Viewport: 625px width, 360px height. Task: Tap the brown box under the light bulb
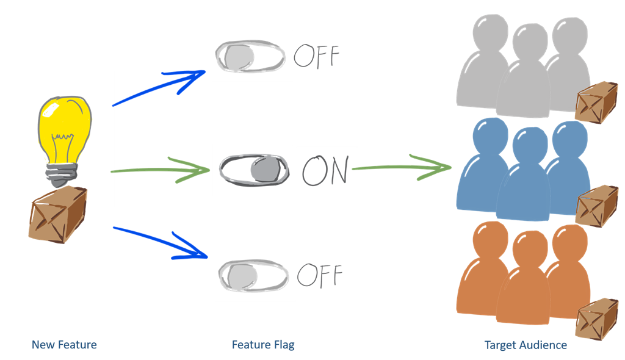click(x=57, y=213)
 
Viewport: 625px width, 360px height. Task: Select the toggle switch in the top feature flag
click(x=250, y=57)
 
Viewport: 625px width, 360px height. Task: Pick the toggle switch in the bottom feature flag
click(x=252, y=276)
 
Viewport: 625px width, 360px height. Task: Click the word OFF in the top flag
click(x=316, y=56)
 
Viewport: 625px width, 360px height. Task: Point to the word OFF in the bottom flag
click(x=319, y=276)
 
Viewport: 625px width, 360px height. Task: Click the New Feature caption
click(x=64, y=345)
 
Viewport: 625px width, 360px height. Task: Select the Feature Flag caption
click(x=263, y=345)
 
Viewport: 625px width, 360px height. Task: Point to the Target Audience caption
click(x=526, y=345)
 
